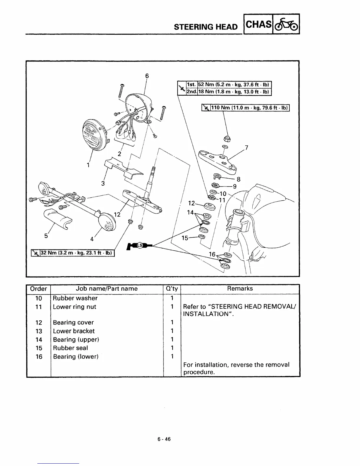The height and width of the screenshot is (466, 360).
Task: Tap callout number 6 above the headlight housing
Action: tap(147, 76)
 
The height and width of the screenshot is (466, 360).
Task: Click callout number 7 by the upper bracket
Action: tap(246, 147)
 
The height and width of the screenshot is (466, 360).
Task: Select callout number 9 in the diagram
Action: tap(235, 186)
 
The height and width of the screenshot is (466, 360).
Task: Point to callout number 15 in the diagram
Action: tap(185, 238)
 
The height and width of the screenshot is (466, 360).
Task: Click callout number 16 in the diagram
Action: tap(212, 254)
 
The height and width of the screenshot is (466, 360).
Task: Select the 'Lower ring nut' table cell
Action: tap(75, 307)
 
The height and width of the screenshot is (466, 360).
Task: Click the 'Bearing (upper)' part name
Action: tap(76, 339)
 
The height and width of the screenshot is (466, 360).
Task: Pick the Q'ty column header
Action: tap(172, 289)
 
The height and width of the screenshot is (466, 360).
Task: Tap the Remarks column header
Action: tap(240, 289)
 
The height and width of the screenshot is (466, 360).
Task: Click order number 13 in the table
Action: tap(39, 331)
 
